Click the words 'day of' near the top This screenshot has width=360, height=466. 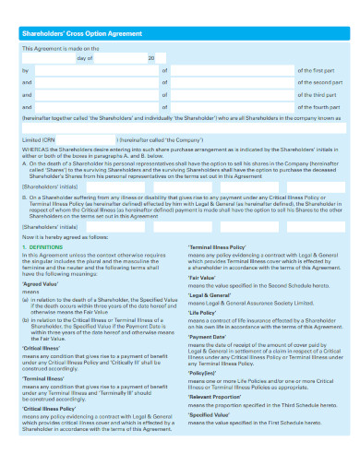click(x=84, y=56)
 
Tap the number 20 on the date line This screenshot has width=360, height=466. click(x=150, y=56)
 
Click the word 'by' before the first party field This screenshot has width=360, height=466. click(x=25, y=69)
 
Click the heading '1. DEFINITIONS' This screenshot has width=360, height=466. click(x=42, y=247)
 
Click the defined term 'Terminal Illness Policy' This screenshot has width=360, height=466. click(x=217, y=247)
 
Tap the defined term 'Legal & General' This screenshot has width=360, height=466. click(x=209, y=293)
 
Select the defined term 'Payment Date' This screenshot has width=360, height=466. click(x=208, y=336)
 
